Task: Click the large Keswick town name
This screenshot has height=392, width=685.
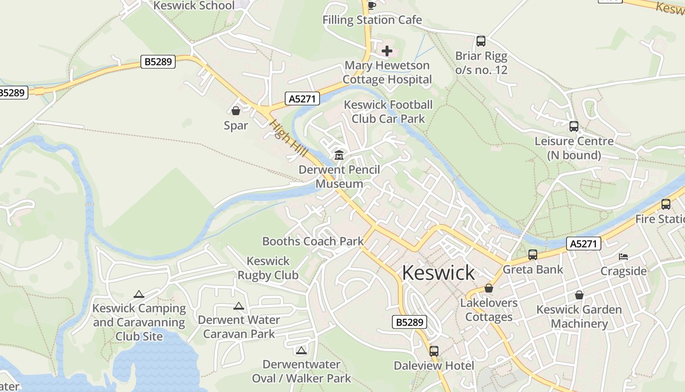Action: pyautogui.click(x=438, y=273)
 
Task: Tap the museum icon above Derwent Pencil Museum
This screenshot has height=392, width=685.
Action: pyautogui.click(x=339, y=155)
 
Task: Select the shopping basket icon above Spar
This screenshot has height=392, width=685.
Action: pyautogui.click(x=236, y=111)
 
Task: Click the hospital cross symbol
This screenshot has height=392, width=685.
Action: pyautogui.click(x=387, y=50)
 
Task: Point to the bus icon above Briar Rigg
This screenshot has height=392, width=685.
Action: pyautogui.click(x=481, y=41)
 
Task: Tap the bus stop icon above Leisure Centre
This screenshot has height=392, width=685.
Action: pyautogui.click(x=574, y=126)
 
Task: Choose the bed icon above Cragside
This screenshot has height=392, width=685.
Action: pyautogui.click(x=623, y=256)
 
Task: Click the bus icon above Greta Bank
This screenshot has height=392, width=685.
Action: pyautogui.click(x=533, y=255)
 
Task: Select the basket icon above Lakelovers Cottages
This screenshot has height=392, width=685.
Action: pyautogui.click(x=489, y=288)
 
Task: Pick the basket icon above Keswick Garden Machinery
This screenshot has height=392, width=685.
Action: pyautogui.click(x=579, y=295)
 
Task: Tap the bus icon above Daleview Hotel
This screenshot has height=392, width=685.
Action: pyautogui.click(x=434, y=351)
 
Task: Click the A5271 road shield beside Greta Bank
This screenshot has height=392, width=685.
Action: pyautogui.click(x=584, y=244)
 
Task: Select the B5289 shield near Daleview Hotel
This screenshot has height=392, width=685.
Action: pyautogui.click(x=410, y=322)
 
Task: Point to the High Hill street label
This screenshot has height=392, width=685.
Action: pyautogui.click(x=288, y=139)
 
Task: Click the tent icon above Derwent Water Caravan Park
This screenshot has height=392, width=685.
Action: pyautogui.click(x=239, y=306)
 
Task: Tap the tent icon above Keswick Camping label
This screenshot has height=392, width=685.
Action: pyautogui.click(x=139, y=294)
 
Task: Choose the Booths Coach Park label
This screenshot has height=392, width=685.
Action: pyautogui.click(x=313, y=241)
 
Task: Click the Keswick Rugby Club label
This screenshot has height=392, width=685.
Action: pyautogui.click(x=268, y=268)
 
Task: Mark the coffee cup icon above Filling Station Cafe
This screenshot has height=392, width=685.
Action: pyautogui.click(x=371, y=5)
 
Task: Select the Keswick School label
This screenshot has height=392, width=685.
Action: pyautogui.click(x=194, y=5)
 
